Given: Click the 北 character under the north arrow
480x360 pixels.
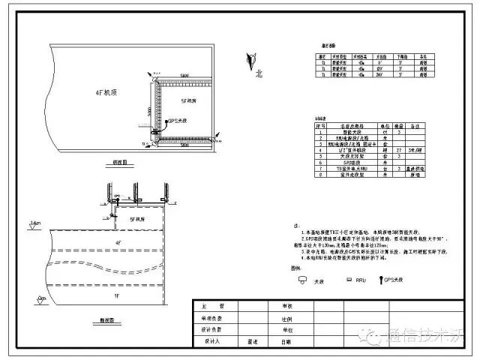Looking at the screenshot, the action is [259, 74].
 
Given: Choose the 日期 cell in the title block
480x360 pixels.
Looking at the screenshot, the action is [286, 341].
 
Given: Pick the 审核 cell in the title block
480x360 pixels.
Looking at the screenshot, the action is [286, 307].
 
